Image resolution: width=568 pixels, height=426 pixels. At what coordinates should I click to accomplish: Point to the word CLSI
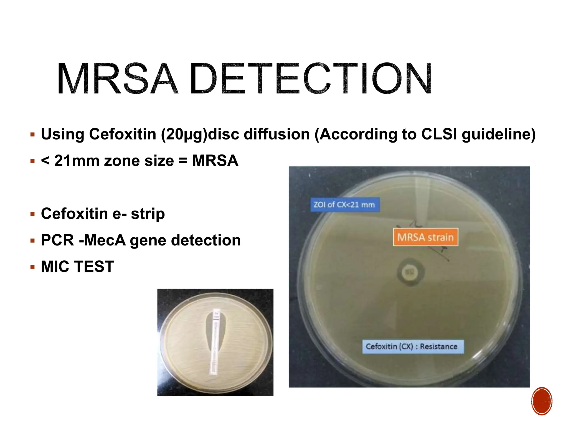coord(439,134)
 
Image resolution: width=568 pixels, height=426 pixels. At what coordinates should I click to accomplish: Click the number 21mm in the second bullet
coord(77,161)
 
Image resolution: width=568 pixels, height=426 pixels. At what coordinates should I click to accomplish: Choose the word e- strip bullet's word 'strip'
coord(148,214)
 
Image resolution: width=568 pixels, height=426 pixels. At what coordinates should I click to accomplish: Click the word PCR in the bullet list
coord(57,240)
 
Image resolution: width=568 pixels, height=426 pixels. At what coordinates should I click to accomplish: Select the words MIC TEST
coord(77,267)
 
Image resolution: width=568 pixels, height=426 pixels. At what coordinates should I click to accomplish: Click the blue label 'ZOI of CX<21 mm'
coord(344,205)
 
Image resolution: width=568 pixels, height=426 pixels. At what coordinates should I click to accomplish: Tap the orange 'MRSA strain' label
coord(425,237)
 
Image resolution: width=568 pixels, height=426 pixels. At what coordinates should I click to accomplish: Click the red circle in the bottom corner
coord(542,401)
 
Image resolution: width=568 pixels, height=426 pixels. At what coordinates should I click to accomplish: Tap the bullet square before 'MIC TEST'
coord(33,267)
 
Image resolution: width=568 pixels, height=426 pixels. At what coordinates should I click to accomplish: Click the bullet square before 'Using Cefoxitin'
coord(33,135)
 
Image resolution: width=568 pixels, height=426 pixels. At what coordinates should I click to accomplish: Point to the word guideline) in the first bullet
coord(498,134)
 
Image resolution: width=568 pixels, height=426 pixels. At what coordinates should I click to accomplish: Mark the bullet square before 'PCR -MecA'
coord(33,241)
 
